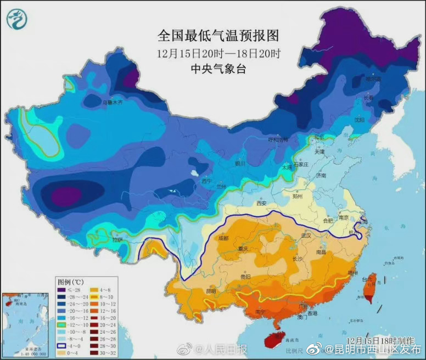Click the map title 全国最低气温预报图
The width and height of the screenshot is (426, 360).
(218, 36)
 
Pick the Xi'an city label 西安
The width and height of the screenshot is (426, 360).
(261, 204)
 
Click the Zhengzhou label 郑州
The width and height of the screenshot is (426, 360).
(297, 195)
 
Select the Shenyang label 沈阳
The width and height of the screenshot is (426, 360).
(359, 119)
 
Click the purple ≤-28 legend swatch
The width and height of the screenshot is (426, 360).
(61, 290)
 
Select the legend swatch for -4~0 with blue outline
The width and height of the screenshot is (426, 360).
(61, 346)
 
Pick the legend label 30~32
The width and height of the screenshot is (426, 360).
(108, 353)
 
